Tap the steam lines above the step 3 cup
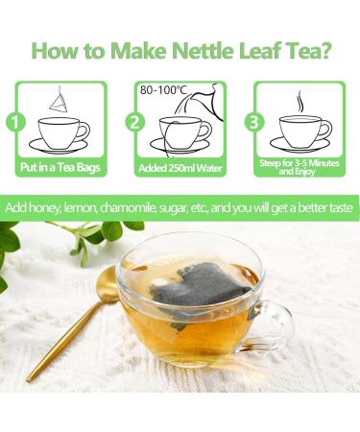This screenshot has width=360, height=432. point(300,103)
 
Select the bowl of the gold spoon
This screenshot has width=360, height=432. point(104,288)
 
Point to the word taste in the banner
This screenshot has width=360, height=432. point(333,208)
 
